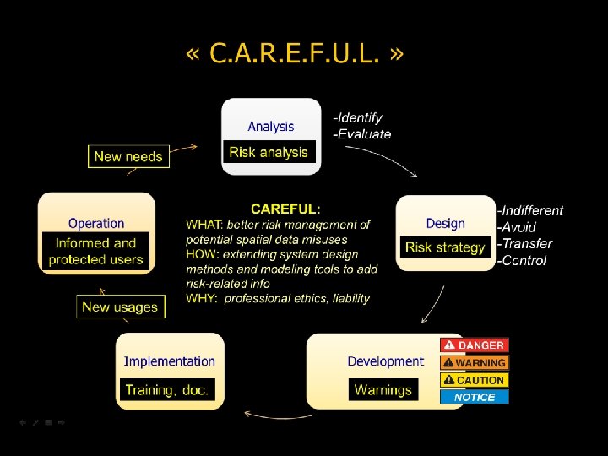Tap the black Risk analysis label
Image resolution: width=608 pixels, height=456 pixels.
(x=269, y=152)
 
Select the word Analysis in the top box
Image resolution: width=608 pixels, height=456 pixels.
(x=271, y=127)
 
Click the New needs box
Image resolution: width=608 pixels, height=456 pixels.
(x=128, y=156)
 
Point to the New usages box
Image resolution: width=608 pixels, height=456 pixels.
(x=120, y=307)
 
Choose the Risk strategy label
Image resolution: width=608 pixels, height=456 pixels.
(x=445, y=247)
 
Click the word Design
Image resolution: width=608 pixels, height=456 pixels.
(x=445, y=224)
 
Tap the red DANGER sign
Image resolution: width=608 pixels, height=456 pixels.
(x=474, y=345)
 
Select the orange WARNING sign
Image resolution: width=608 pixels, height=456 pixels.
(x=474, y=363)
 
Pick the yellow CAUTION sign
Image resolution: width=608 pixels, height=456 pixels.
(x=474, y=380)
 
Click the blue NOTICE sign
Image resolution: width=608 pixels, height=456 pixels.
(x=474, y=397)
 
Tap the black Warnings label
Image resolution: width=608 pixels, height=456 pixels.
(x=383, y=390)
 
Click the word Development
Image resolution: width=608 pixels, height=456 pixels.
(x=385, y=361)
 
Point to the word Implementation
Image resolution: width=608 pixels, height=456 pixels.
(x=169, y=361)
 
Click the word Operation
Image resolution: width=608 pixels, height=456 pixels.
(x=96, y=224)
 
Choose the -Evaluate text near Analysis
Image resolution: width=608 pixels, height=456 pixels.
(x=362, y=134)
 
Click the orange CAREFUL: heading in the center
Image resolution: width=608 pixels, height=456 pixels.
(x=285, y=209)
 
